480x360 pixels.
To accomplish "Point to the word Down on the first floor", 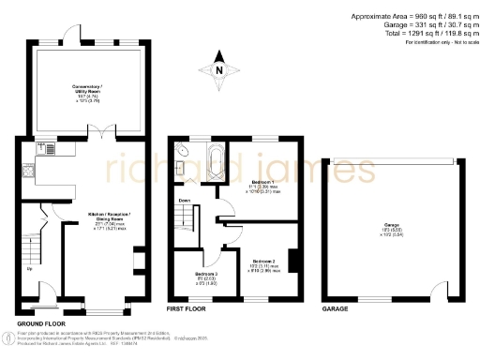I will tap(185, 200).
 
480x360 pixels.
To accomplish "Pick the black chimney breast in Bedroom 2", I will tap(293, 259).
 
